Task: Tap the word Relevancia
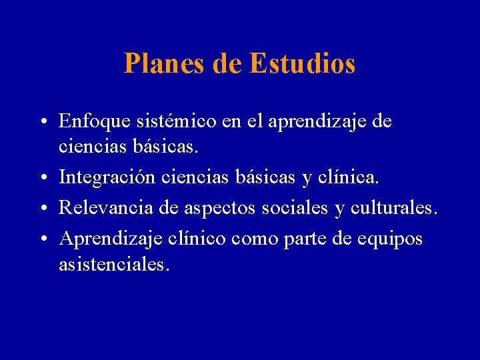pyautogui.click(x=105, y=208)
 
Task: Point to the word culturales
pyautogui.click(x=393, y=208)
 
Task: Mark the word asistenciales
pyautogui.click(x=114, y=265)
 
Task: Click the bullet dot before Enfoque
pyautogui.click(x=43, y=123)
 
